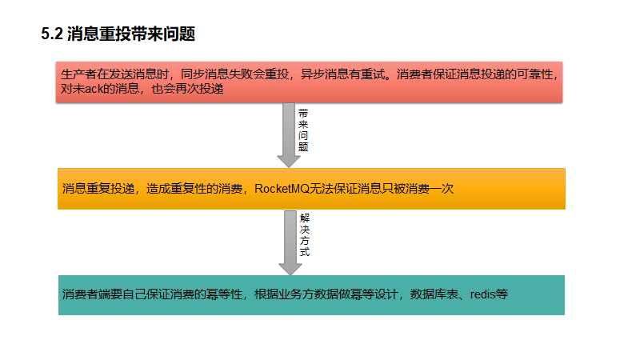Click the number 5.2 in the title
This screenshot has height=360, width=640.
51,34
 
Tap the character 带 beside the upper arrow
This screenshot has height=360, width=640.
303,114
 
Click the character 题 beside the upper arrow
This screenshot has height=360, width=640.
303,148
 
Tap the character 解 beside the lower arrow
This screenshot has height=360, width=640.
305,218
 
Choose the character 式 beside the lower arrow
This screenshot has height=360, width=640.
305,251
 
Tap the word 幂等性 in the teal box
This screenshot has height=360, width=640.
226,294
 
